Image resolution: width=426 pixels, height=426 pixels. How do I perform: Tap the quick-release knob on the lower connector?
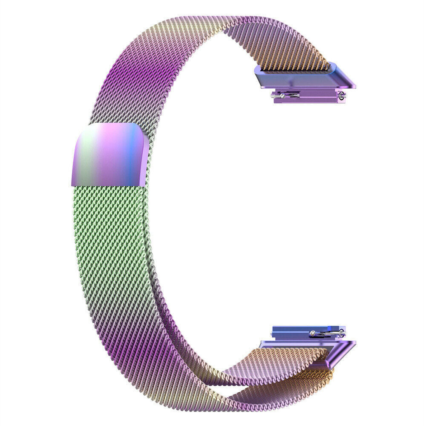(x=314, y=333)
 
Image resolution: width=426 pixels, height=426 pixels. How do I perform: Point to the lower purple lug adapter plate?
(x=307, y=343)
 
